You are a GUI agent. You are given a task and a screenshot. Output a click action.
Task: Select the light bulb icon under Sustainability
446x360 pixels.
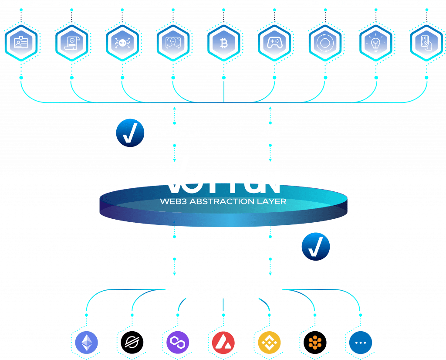[x=376, y=43]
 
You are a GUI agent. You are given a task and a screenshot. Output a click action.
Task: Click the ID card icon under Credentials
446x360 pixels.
[x=21, y=43]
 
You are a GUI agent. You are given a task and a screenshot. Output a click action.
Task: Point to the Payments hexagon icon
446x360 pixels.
[x=426, y=43]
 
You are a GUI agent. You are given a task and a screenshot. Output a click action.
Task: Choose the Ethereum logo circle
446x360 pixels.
[x=87, y=343]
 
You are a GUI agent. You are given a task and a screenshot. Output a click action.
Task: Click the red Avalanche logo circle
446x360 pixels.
[x=223, y=343]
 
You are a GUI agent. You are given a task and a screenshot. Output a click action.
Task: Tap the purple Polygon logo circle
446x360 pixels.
[x=178, y=343]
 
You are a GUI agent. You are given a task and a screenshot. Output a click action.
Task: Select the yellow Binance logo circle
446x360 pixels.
[x=270, y=343]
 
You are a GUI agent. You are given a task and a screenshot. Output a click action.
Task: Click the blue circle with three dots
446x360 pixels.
[x=361, y=343]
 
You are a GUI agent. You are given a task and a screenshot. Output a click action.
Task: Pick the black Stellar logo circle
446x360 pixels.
[x=132, y=343]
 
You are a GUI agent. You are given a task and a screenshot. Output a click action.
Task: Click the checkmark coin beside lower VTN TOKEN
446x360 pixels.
[x=316, y=247]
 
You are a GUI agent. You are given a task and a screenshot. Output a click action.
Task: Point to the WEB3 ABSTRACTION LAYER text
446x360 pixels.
[x=223, y=201]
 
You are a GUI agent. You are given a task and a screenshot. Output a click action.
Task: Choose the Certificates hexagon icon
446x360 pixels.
[x=71, y=43]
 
